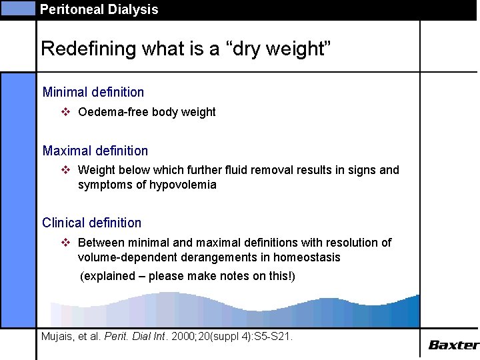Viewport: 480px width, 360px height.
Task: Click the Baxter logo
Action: click(x=453, y=345)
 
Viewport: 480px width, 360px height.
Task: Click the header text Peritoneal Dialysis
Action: click(x=99, y=9)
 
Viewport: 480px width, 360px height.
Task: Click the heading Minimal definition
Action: click(x=93, y=92)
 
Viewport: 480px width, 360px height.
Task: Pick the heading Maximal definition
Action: click(x=95, y=151)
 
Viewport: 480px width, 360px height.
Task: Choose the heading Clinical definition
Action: click(x=92, y=223)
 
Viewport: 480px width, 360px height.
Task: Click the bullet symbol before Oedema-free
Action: click(x=66, y=112)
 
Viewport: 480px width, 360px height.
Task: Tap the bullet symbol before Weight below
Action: click(x=66, y=170)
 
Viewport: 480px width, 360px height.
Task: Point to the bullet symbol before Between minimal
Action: click(x=66, y=242)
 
